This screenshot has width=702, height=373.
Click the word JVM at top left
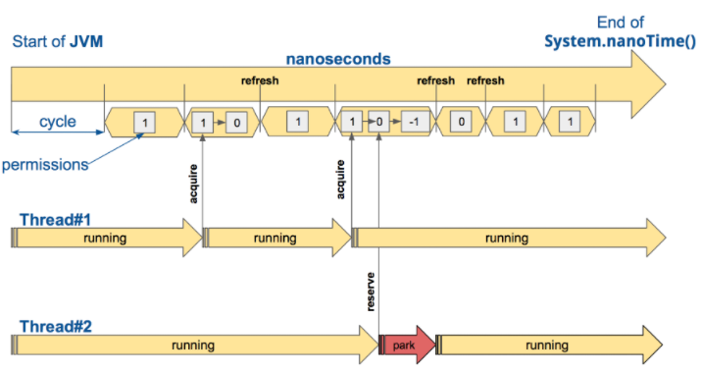(86, 41)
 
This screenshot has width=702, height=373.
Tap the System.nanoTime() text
(620, 41)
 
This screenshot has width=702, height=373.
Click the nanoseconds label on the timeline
(338, 59)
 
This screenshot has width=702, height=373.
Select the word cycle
(57, 121)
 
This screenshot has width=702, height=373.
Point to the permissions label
(45, 165)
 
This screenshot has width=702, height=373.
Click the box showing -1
(415, 122)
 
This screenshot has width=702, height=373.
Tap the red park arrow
(407, 346)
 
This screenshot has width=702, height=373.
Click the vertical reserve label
(371, 292)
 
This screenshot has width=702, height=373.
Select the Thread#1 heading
(56, 220)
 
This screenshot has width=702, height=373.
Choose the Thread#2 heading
(56, 326)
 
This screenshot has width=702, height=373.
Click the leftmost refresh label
(260, 80)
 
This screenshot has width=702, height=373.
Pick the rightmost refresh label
(485, 80)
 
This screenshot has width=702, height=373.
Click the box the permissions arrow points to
(144, 123)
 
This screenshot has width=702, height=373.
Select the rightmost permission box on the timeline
(570, 122)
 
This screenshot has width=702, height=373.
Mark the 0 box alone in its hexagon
(461, 122)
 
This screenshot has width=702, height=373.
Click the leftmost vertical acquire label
(193, 184)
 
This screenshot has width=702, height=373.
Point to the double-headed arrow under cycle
(57, 133)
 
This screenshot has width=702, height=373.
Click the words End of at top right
(621, 23)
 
